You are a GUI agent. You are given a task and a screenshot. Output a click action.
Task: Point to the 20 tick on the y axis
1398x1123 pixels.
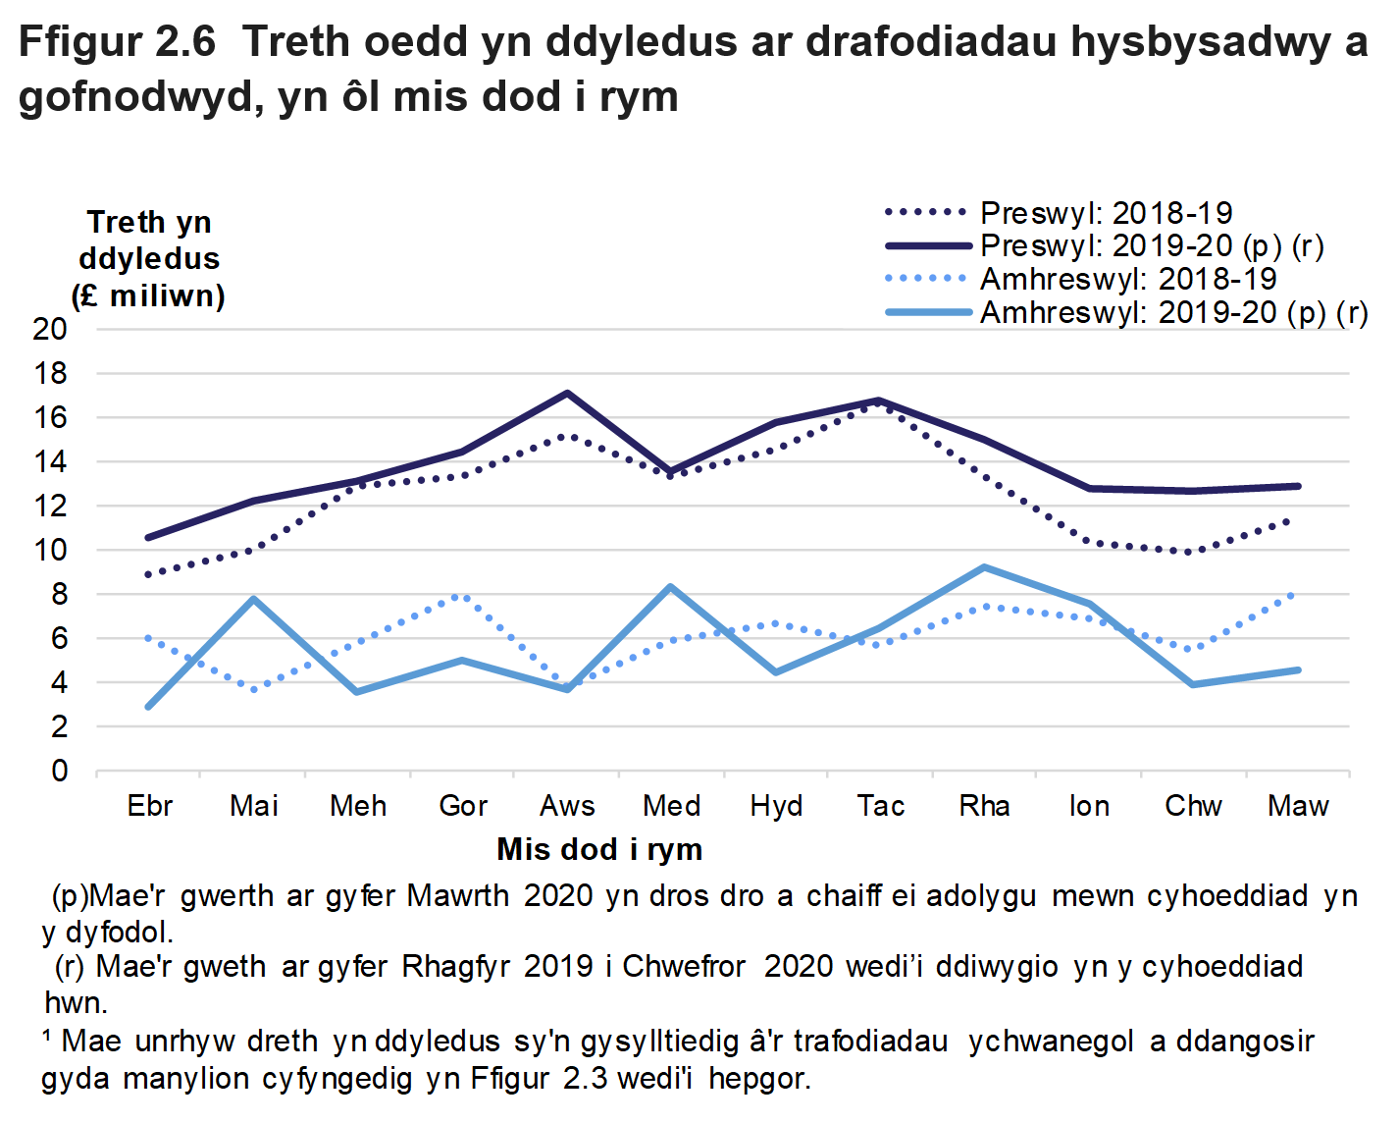tap(50, 329)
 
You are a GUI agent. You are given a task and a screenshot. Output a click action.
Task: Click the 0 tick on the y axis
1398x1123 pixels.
tap(60, 772)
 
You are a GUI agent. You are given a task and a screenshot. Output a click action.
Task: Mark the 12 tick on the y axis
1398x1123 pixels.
tap(50, 507)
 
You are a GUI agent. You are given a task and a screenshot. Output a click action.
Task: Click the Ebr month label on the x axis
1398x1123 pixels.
tap(149, 806)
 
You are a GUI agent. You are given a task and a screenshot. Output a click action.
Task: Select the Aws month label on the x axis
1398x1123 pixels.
tap(567, 806)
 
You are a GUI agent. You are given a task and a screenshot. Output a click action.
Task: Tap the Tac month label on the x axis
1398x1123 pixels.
tap(880, 806)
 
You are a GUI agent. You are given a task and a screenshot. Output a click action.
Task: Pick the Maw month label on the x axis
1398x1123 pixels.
tap(1297, 806)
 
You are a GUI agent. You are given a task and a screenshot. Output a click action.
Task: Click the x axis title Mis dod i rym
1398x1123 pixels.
tap(599, 849)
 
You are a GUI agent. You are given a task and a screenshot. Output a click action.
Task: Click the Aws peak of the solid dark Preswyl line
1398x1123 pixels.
tap(567, 394)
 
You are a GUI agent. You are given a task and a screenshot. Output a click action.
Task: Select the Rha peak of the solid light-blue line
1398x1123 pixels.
tap(984, 567)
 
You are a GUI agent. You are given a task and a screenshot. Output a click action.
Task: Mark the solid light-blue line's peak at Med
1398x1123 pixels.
tap(671, 587)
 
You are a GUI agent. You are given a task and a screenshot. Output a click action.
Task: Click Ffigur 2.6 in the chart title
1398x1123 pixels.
tap(117, 42)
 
